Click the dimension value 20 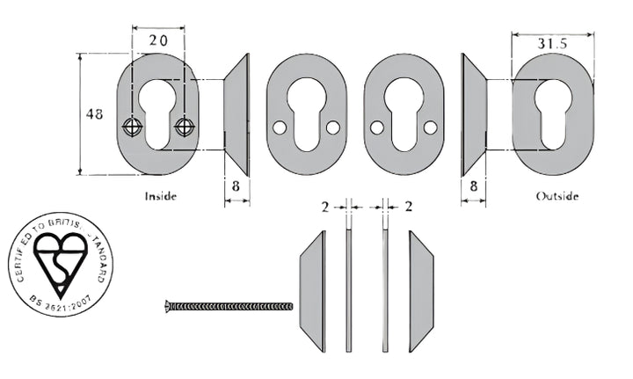point(158,41)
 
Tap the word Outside point(557,196)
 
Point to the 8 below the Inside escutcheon point(236,186)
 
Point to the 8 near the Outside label point(473,186)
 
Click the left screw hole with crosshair point(132,127)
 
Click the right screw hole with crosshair point(184,127)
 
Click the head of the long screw point(169,306)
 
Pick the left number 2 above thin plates point(324,207)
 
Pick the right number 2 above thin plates point(409,207)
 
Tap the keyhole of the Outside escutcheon point(552,113)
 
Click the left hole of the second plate point(279,128)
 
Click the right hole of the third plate point(430,128)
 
